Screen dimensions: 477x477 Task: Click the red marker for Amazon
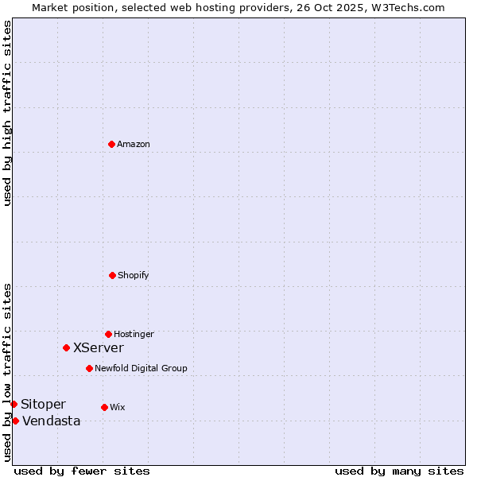[x=111, y=144]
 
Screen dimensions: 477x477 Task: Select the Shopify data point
[x=112, y=275]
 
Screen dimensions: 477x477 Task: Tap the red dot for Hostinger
[x=108, y=334]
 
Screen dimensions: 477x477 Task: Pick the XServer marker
[x=66, y=347]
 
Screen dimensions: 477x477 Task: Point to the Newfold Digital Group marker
[x=89, y=368]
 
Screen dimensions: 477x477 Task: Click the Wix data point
[x=104, y=407]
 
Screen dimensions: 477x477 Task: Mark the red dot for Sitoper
[x=14, y=404]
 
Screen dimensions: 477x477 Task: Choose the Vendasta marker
[x=15, y=421]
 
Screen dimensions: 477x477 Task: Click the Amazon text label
[x=134, y=145]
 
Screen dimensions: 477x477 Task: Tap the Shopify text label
[x=134, y=276]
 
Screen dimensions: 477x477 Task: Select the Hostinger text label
[x=134, y=335]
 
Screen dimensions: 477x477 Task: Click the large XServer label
[x=99, y=348]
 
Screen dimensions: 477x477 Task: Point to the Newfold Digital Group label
[x=141, y=369]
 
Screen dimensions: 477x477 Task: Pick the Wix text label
[x=118, y=408]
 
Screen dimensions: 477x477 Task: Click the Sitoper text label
[x=43, y=405]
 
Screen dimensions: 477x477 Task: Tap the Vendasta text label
[x=51, y=421]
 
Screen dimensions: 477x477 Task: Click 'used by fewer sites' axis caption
[x=82, y=471]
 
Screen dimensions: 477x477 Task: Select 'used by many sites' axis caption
[x=399, y=471]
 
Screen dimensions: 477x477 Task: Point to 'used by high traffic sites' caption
[x=7, y=113]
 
